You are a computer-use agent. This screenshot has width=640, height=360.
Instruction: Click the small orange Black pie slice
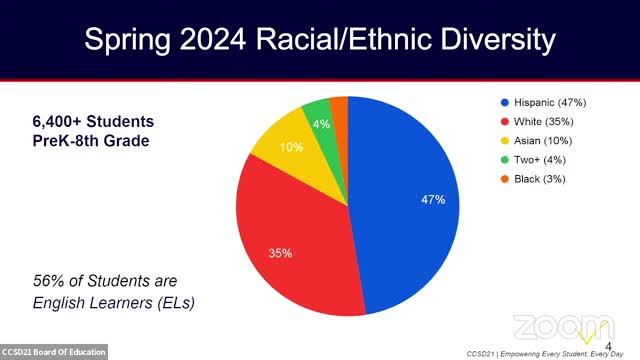coord(339,108)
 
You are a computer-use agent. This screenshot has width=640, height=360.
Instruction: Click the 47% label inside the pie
coord(432,199)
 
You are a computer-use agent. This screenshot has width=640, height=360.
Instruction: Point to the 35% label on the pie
coord(280,253)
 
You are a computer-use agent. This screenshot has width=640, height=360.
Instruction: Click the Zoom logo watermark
coord(558,327)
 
